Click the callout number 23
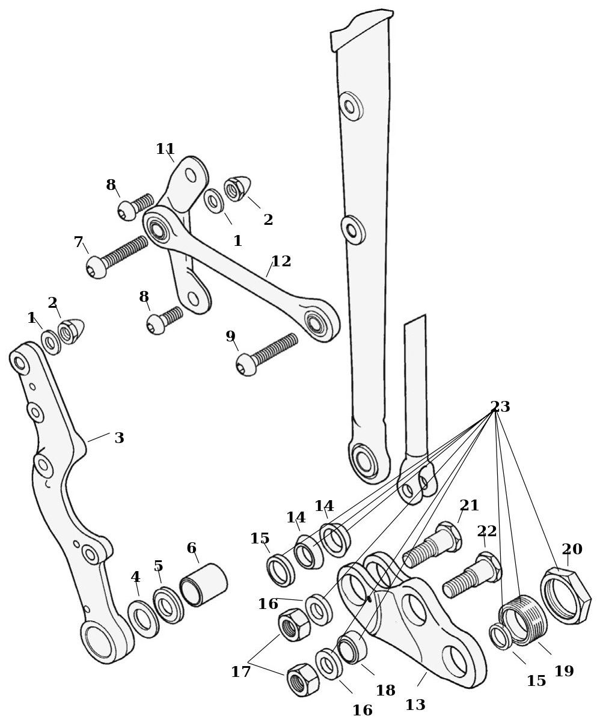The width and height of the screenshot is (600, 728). [500, 406]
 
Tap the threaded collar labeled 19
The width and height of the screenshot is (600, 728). [522, 620]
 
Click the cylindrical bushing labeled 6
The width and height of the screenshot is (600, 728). [204, 585]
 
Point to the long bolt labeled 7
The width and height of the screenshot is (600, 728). [117, 257]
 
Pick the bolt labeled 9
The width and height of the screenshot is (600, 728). [267, 354]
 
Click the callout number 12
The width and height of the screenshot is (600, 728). [281, 261]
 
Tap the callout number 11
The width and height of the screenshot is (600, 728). [165, 149]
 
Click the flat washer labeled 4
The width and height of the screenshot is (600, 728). [143, 619]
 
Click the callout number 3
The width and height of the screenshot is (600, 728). [119, 438]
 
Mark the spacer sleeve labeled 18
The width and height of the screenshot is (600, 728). [352, 647]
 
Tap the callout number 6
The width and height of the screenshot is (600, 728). [191, 548]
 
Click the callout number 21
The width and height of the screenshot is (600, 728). [470, 505]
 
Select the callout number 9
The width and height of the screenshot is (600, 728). [230, 336]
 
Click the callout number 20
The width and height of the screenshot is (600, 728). [572, 549]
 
